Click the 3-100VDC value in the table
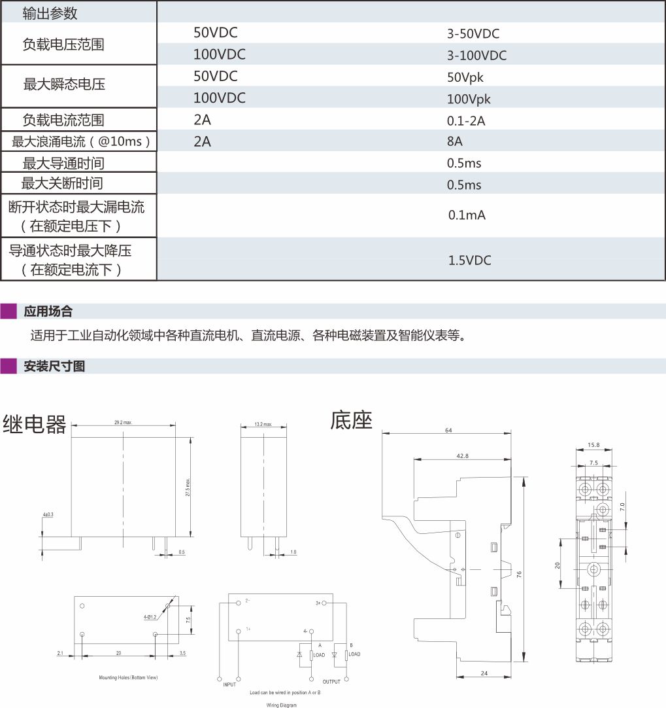click(x=476, y=56)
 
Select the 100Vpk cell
click(x=469, y=99)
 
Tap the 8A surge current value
click(x=455, y=142)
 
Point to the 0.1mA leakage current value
click(x=467, y=215)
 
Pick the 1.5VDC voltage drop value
click(x=469, y=260)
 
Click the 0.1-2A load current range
click(x=466, y=121)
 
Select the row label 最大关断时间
click(x=62, y=183)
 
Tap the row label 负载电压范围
click(x=63, y=44)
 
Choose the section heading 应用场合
click(x=48, y=311)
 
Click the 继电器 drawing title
click(x=35, y=425)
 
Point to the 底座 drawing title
click(x=351, y=420)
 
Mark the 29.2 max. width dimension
click(x=123, y=423)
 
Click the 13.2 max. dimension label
click(x=263, y=425)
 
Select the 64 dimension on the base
click(x=448, y=430)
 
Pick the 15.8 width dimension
click(x=593, y=445)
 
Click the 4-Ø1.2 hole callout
click(x=151, y=616)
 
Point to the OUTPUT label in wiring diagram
click(x=331, y=681)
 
